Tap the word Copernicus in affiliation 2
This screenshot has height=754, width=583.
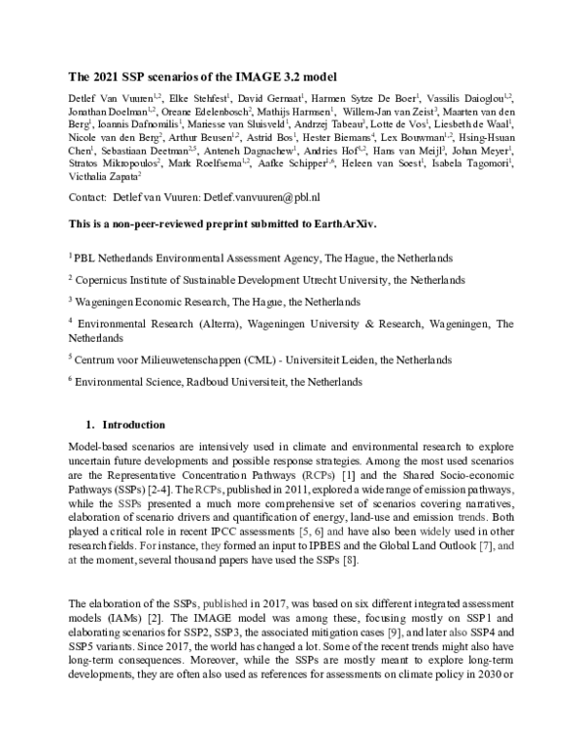[104, 280]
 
